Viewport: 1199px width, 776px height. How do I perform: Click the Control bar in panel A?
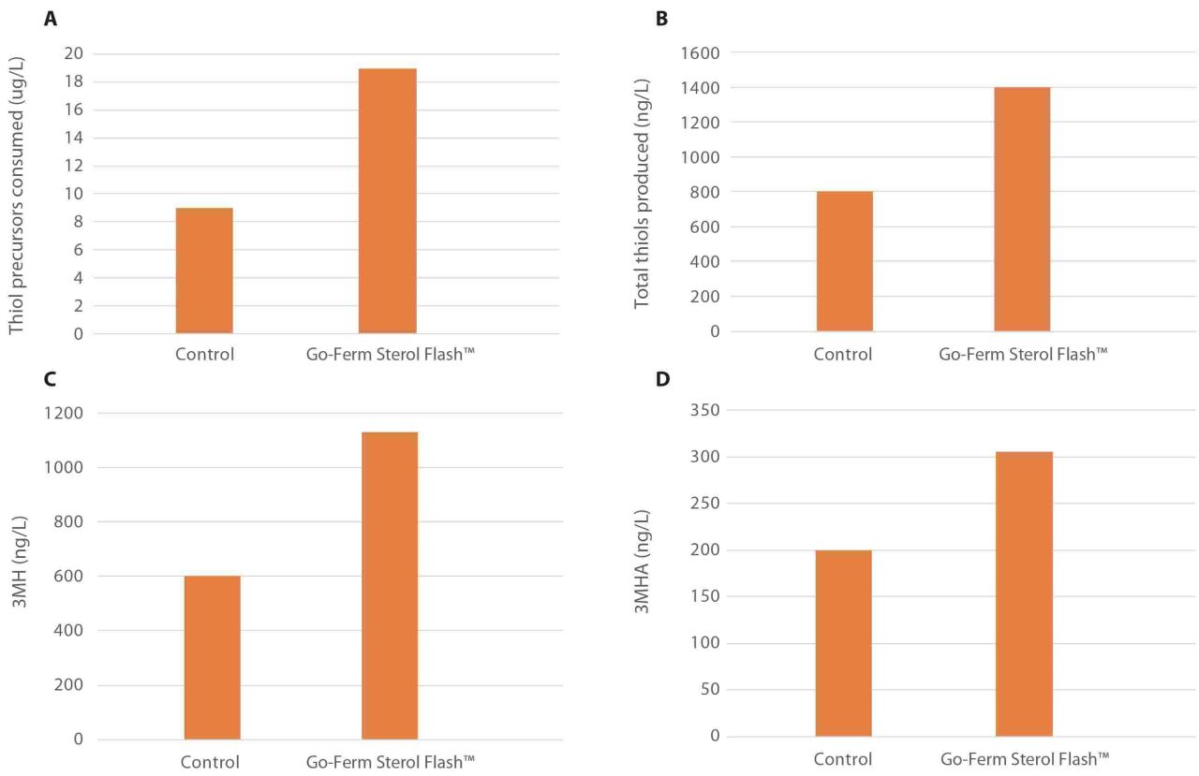pos(204,271)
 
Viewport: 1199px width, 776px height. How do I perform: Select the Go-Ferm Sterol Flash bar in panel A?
pos(388,201)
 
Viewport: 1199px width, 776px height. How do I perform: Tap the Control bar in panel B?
pos(845,261)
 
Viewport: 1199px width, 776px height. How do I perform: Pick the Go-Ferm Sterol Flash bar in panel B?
pos(1022,209)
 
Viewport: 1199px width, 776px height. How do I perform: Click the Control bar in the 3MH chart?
pos(213,658)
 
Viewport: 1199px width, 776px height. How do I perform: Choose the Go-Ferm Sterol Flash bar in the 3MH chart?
pos(390,586)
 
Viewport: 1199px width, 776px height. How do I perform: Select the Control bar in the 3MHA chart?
pos(844,643)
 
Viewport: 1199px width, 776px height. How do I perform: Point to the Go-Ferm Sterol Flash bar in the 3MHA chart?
pos(1025,594)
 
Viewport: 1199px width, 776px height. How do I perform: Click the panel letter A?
pos(51,19)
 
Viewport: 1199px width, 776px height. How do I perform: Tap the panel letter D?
pos(662,379)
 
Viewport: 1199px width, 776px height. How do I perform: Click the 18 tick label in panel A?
pos(73,81)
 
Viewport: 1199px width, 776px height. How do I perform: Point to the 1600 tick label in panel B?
pos(700,53)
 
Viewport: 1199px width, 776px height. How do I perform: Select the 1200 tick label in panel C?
pos(64,413)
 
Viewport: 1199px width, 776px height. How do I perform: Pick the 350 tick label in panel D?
pos(705,410)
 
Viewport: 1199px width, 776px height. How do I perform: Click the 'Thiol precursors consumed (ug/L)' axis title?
pos(16,196)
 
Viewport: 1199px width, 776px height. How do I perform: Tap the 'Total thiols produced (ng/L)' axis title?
pos(642,194)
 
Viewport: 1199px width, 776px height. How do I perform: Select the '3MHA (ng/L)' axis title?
pos(642,562)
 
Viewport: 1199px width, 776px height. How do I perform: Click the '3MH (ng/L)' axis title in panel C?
pos(19,562)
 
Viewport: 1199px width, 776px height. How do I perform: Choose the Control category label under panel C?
pos(210,762)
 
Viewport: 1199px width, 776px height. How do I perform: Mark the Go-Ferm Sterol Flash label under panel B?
pos(1023,354)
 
